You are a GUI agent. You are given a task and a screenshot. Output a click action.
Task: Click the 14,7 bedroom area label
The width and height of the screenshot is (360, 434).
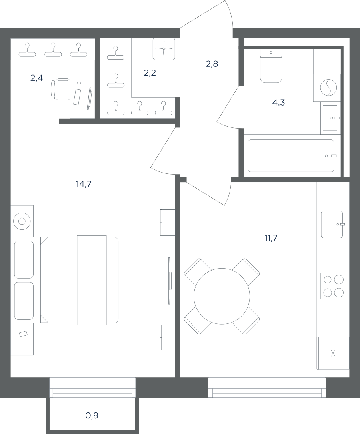click(x=84, y=183)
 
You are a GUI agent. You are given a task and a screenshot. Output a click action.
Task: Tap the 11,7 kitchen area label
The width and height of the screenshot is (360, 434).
click(x=271, y=238)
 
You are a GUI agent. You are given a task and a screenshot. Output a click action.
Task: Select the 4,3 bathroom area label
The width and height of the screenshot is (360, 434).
click(x=278, y=102)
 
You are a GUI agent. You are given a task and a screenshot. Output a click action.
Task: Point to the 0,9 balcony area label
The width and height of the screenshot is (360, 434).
click(x=92, y=415)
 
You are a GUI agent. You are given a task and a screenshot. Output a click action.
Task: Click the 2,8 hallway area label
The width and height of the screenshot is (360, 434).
click(x=212, y=64)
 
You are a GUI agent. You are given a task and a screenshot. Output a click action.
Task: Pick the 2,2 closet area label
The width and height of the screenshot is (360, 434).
click(x=150, y=73)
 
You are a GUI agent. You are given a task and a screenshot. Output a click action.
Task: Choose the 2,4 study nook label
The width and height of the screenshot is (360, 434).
click(x=36, y=78)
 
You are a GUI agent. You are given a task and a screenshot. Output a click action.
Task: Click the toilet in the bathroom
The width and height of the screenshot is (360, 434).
click(x=271, y=66)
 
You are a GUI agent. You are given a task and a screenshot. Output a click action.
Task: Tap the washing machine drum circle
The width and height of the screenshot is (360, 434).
click(x=328, y=87)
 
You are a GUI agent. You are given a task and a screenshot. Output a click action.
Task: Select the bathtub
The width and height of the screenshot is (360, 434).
click(x=291, y=156)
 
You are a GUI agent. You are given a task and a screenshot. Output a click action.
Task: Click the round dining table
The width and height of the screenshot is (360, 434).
click(x=222, y=296)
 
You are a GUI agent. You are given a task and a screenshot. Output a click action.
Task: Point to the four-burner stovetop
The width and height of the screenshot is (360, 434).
click(x=333, y=286)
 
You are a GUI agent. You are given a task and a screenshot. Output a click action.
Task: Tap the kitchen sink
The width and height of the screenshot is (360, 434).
click(x=332, y=225)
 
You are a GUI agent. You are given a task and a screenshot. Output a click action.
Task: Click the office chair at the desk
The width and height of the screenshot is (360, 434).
click(x=60, y=89)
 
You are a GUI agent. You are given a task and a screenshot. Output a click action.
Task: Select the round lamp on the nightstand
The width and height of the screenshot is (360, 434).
click(x=22, y=221)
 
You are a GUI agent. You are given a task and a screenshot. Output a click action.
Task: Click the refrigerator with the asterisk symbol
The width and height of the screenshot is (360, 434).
click(x=333, y=353)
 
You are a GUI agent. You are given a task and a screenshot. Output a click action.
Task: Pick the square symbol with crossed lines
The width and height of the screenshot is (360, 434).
click(x=164, y=49)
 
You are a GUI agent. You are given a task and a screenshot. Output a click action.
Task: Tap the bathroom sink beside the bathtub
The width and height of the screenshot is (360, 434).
click(x=330, y=118)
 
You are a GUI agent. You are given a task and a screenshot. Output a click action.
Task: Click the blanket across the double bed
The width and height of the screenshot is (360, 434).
click(x=92, y=280)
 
